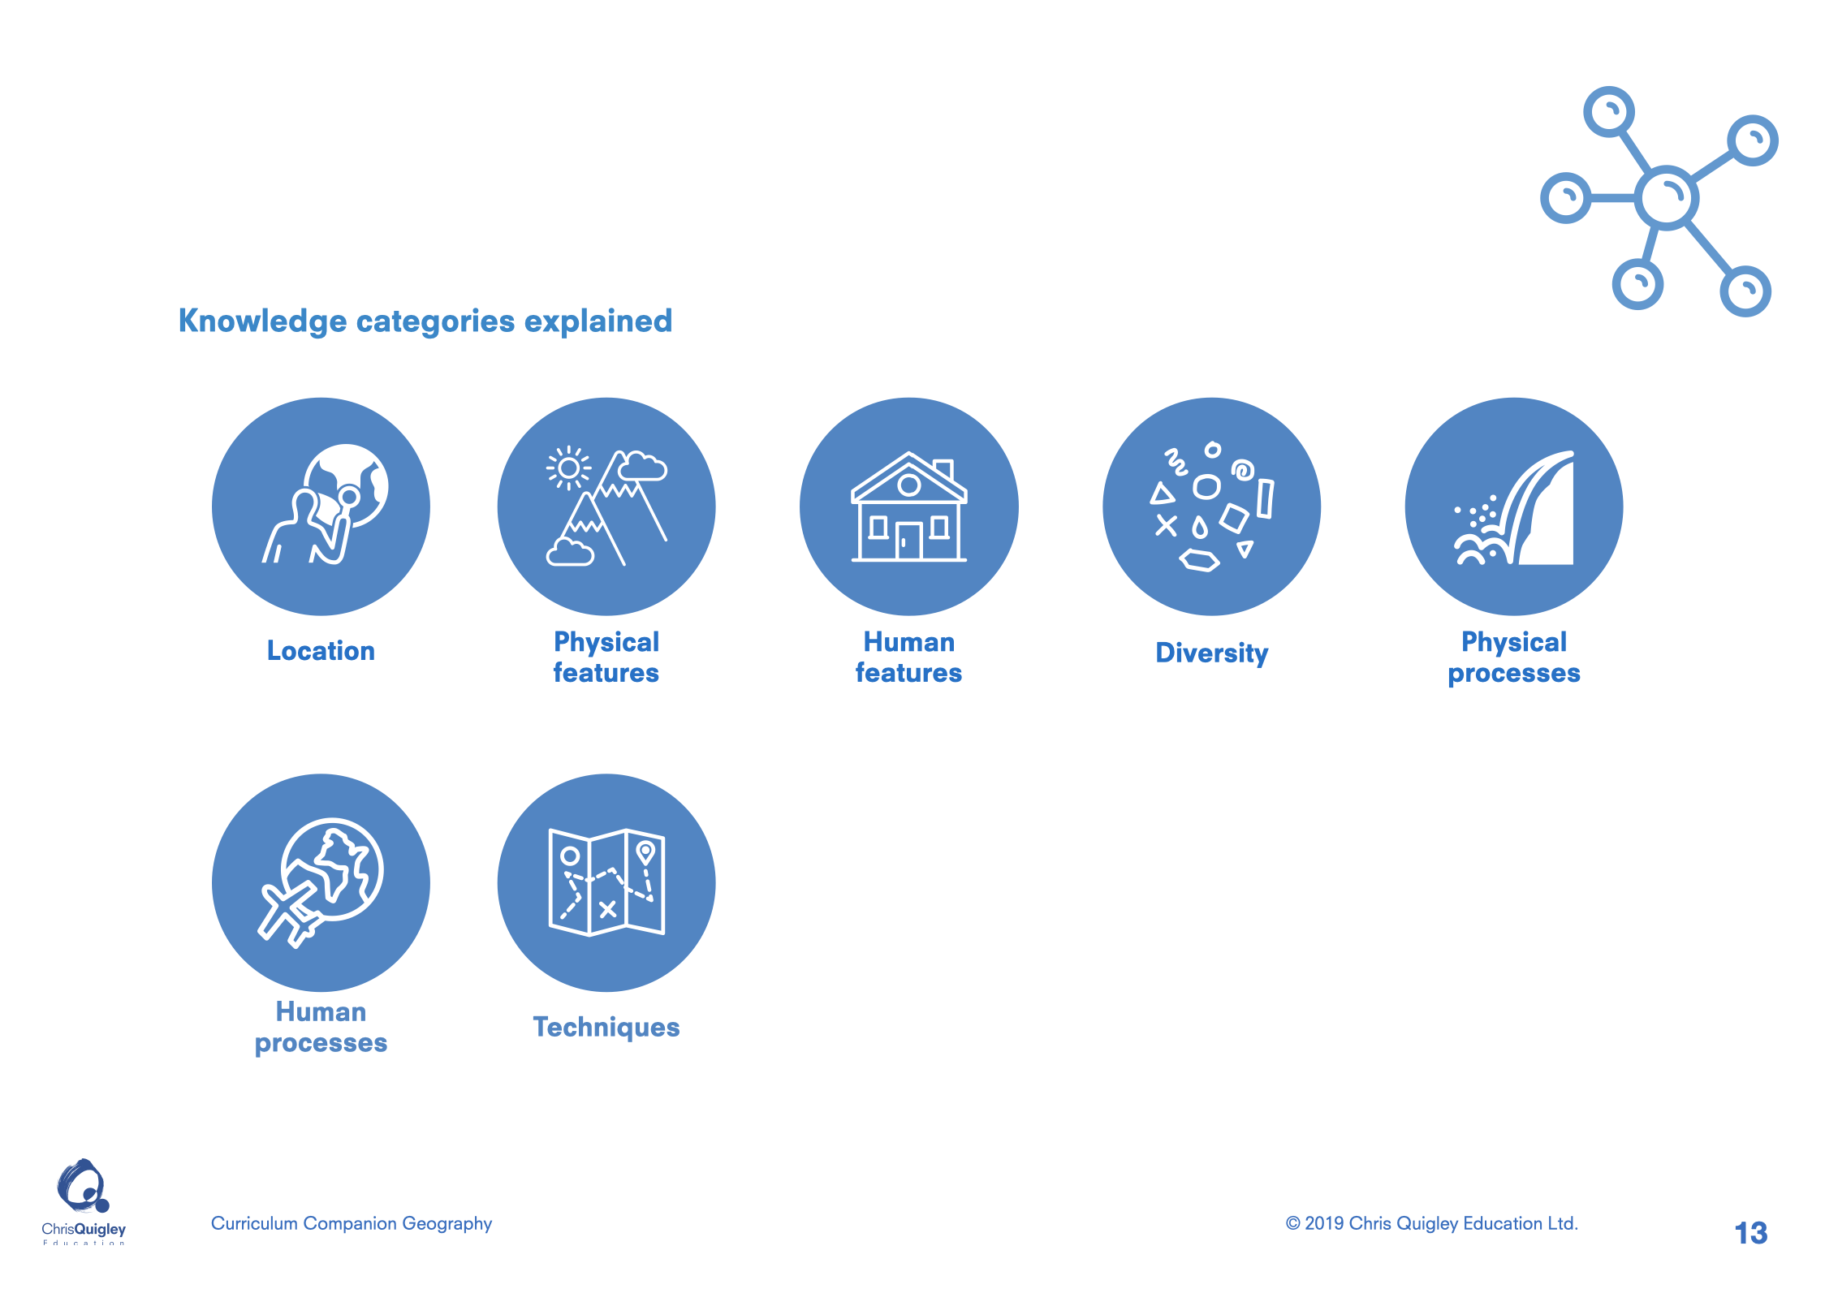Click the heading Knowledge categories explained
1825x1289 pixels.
(x=425, y=321)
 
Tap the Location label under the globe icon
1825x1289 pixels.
(x=321, y=651)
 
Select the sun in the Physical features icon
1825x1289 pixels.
(x=568, y=468)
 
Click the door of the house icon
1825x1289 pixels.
(x=909, y=541)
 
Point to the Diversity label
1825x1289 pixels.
(x=1211, y=653)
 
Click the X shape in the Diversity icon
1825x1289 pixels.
(x=1166, y=526)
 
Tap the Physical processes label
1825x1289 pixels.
(x=1514, y=657)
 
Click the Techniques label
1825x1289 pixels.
(x=606, y=1028)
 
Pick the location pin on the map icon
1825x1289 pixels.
(x=645, y=853)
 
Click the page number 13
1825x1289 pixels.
(x=1751, y=1233)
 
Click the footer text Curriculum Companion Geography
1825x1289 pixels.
(x=352, y=1224)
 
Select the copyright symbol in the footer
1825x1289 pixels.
(x=1293, y=1223)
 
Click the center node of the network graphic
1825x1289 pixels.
(x=1666, y=197)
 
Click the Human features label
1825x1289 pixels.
(x=908, y=657)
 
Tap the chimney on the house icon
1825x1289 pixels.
(x=943, y=470)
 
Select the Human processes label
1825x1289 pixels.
(x=321, y=1028)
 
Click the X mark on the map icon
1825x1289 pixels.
(x=607, y=910)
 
